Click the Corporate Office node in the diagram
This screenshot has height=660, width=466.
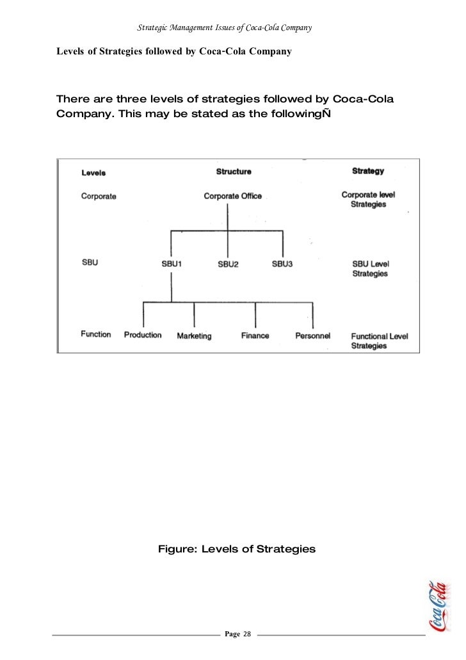pyautogui.click(x=232, y=197)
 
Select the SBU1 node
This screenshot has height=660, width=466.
pyautogui.click(x=171, y=264)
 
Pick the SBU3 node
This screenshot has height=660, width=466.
pyautogui.click(x=282, y=264)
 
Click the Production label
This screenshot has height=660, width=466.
pyautogui.click(x=143, y=335)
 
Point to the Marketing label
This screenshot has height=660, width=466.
pyautogui.click(x=194, y=335)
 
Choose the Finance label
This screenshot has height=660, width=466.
pyautogui.click(x=255, y=335)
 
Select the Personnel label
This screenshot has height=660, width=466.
pyautogui.click(x=312, y=335)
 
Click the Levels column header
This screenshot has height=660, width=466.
pyautogui.click(x=93, y=172)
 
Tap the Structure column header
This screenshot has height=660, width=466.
pyautogui.click(x=234, y=172)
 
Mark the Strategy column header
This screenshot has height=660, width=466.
pyautogui.click(x=368, y=171)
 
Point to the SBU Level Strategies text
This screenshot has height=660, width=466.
pyautogui.click(x=371, y=268)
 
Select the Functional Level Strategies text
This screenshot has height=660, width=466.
pyautogui.click(x=380, y=341)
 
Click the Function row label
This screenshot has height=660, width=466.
pyautogui.click(x=96, y=334)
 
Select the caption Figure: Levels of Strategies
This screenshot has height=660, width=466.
pyautogui.click(x=237, y=549)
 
